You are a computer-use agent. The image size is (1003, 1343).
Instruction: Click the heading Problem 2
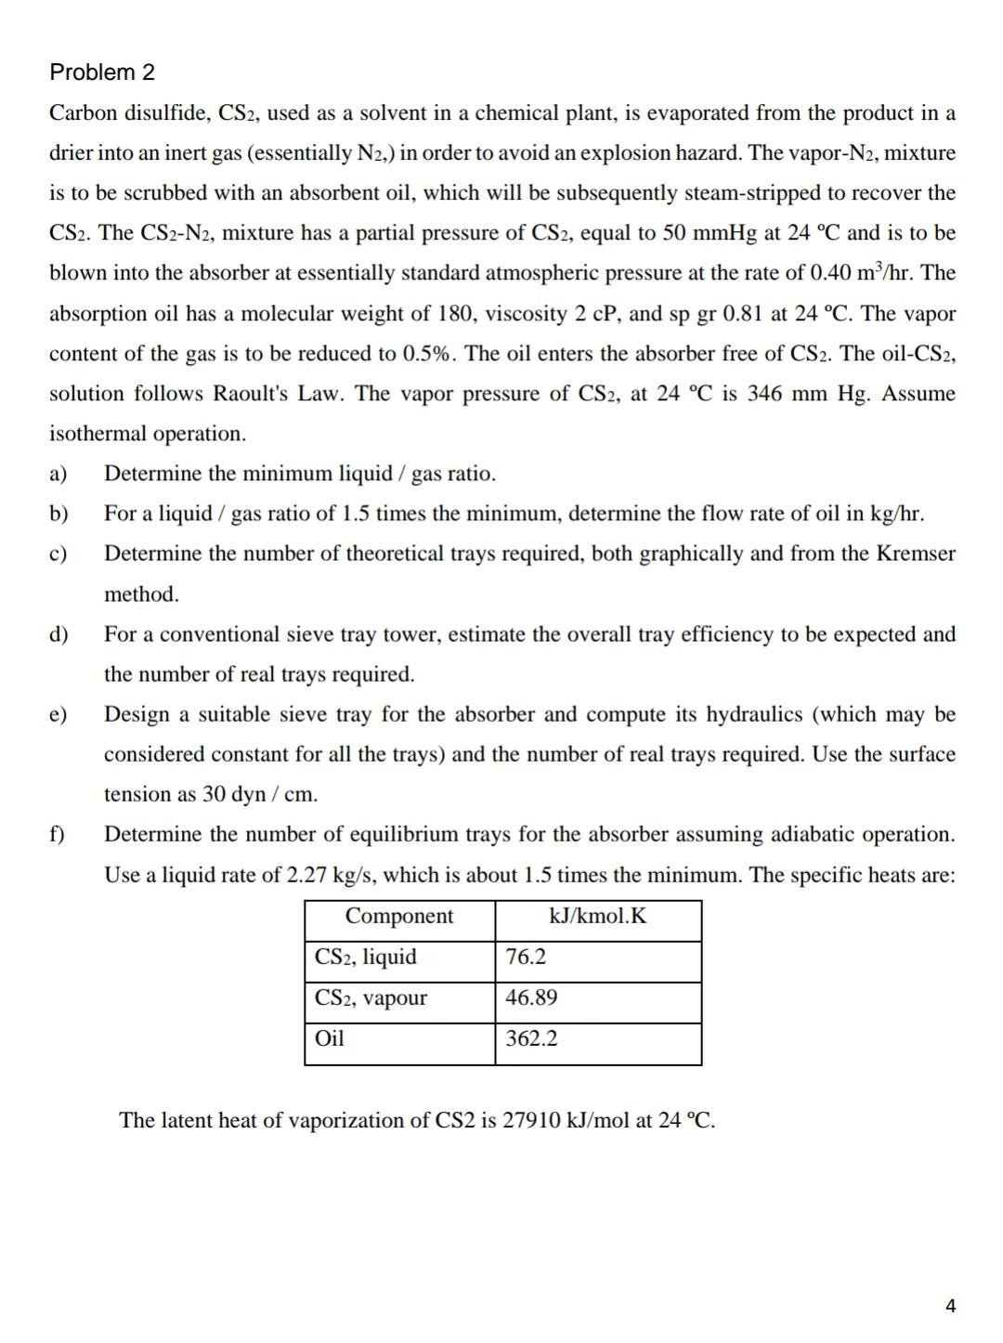pos(102,72)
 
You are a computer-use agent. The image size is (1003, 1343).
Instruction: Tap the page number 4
pos(949,1306)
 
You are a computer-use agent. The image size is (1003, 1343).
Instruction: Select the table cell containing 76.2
pos(526,957)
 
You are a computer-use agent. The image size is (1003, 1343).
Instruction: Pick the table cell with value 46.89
pos(531,997)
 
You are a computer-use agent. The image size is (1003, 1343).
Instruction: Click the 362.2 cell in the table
pos(531,1038)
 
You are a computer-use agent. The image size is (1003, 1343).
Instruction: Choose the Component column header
pos(399,916)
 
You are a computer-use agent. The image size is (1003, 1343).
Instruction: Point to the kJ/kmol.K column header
pos(598,916)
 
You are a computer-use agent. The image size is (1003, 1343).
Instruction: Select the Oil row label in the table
pos(330,1038)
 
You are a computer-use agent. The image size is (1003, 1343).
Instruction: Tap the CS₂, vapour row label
pos(371,997)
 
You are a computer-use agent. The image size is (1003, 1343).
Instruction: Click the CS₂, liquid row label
pos(366,957)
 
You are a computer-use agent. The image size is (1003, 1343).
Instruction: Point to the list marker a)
pos(59,474)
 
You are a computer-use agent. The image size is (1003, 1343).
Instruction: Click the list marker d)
pos(59,634)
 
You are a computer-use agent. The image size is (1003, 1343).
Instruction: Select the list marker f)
pos(58,834)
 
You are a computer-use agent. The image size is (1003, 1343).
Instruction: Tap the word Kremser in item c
pos(916,554)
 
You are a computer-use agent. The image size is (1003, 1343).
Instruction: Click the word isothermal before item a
pos(98,434)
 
